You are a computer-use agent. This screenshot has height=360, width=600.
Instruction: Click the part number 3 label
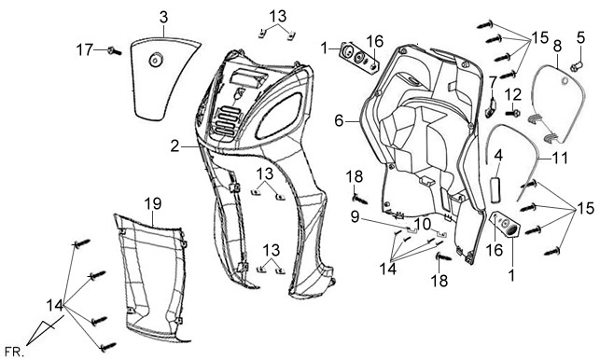163,17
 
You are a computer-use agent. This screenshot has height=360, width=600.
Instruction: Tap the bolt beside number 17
115,50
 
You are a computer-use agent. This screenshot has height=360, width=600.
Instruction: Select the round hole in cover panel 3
156,60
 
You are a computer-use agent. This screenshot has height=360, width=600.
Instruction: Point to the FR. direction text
15,352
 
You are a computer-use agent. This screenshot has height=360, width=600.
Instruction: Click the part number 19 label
153,204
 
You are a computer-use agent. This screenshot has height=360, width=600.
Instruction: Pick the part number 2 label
174,146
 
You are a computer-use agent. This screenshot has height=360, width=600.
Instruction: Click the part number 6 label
339,121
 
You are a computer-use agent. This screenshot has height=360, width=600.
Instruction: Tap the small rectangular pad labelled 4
497,189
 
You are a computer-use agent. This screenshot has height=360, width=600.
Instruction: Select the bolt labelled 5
577,67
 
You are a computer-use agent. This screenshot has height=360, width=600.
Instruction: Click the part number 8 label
557,47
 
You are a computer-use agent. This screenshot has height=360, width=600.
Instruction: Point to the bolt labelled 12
512,113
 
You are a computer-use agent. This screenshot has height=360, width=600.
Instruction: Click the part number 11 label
560,158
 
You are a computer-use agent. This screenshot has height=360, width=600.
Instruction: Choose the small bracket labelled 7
491,107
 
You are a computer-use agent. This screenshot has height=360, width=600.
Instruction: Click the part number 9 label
356,217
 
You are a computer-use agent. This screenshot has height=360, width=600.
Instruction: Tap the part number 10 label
423,224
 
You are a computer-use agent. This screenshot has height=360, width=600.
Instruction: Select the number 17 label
84,49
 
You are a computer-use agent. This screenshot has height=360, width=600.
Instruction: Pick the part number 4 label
498,157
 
